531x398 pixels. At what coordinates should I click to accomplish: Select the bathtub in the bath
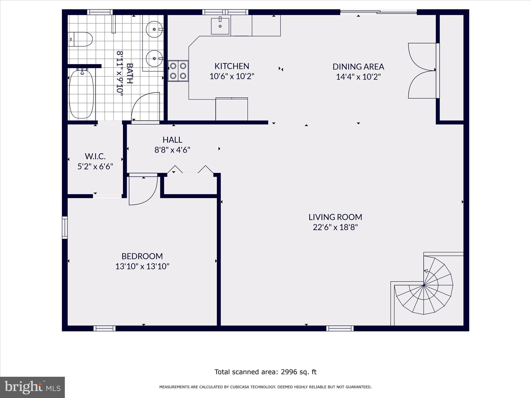point(81,94)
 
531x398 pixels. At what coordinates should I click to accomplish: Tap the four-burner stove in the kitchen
point(178,71)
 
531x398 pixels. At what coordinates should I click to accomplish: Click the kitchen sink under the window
point(220,26)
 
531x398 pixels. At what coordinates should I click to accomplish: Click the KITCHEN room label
point(232,66)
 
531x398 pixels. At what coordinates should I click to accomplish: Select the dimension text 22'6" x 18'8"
point(335,227)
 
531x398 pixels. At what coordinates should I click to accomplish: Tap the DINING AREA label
point(358,67)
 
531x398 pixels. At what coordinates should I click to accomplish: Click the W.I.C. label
point(95,156)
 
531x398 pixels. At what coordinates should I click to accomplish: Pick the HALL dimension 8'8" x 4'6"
point(172,150)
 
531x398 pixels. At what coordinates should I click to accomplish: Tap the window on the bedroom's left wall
point(65,228)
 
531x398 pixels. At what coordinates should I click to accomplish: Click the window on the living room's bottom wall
point(340,329)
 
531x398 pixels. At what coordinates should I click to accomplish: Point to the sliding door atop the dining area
point(378,12)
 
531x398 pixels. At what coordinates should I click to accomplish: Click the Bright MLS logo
point(32,387)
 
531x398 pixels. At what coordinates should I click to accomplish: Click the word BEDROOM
point(142,256)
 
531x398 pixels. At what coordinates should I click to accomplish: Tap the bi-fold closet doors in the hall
point(190,171)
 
